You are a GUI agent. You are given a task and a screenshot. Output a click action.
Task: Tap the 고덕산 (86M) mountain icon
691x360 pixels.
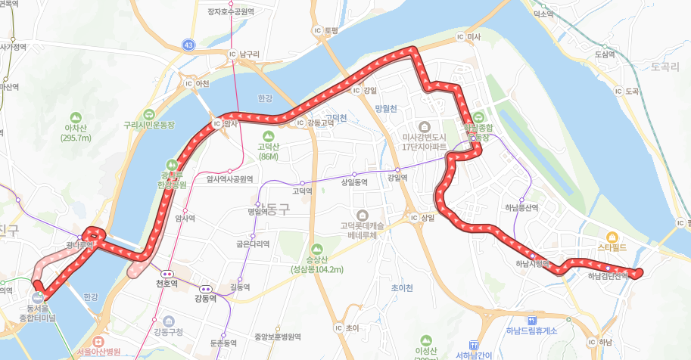[x=268, y=135]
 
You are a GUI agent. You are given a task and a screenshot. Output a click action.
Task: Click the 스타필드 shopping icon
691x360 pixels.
[x=612, y=236]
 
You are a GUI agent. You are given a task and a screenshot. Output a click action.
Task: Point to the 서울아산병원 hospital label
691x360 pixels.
[x=104, y=352]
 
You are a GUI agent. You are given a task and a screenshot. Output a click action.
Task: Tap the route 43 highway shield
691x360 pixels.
[x=188, y=46]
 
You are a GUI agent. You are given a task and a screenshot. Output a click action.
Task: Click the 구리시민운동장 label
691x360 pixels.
[x=149, y=125]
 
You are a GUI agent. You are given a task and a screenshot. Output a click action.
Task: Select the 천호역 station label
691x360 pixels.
[x=166, y=284]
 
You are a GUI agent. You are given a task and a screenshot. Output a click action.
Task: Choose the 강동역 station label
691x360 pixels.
[x=205, y=299]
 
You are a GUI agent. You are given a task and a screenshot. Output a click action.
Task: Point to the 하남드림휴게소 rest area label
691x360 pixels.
[x=531, y=331]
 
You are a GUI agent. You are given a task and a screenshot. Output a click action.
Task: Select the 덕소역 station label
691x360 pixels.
[x=543, y=14]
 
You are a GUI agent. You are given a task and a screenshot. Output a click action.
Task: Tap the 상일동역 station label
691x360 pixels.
[x=353, y=182]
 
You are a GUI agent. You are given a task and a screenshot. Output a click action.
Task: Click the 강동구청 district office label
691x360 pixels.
[x=168, y=331]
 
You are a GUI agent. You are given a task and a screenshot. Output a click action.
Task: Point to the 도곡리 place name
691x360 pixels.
[x=665, y=67]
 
